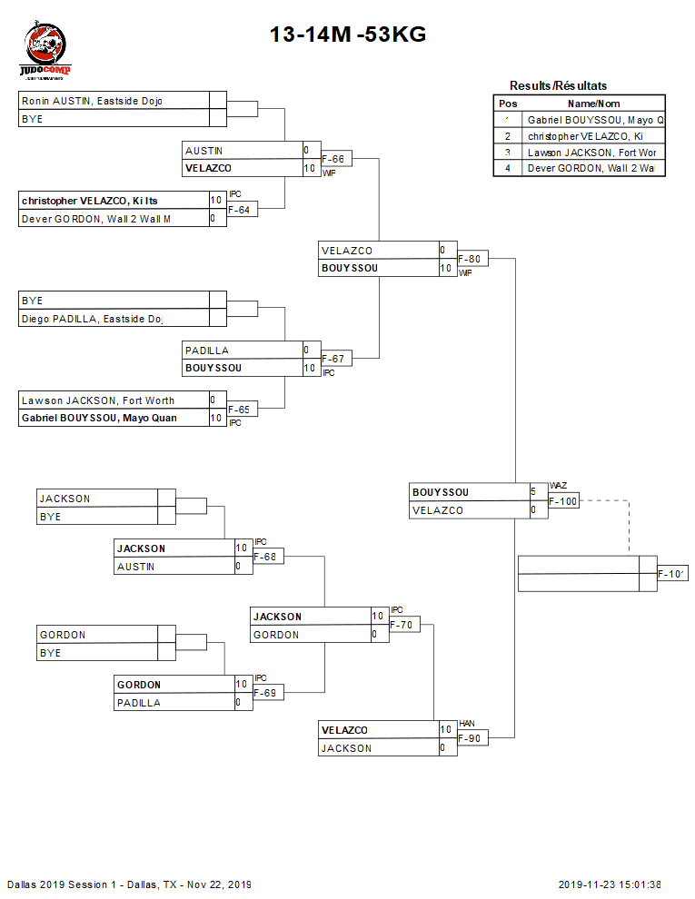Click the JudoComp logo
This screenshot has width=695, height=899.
click(x=45, y=53)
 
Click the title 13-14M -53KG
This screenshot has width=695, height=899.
click(x=347, y=35)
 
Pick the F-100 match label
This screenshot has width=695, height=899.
click(x=563, y=501)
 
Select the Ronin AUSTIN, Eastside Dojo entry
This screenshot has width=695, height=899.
click(x=92, y=101)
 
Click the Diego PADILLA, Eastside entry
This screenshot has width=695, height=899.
click(x=91, y=319)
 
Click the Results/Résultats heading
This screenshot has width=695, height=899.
click(x=558, y=85)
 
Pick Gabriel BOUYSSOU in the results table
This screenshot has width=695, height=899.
click(x=595, y=120)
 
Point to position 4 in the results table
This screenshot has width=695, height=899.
click(x=508, y=168)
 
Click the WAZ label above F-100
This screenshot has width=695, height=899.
click(x=558, y=486)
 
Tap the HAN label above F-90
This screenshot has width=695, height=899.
click(x=467, y=724)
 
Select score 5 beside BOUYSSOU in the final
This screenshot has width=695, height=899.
click(x=533, y=492)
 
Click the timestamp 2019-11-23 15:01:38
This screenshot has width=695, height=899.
click(x=610, y=884)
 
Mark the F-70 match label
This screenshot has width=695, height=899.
click(x=403, y=626)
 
